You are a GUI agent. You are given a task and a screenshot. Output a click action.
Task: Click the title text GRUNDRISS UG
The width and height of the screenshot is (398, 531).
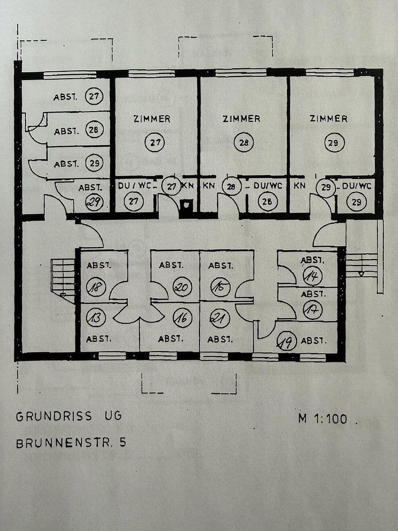(68, 416)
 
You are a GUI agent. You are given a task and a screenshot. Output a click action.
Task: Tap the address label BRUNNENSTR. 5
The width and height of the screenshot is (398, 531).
(71, 442)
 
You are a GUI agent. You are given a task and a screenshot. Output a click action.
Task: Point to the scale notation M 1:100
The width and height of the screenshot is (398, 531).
(322, 419)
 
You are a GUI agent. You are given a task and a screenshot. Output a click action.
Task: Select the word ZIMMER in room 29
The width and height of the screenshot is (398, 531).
(328, 119)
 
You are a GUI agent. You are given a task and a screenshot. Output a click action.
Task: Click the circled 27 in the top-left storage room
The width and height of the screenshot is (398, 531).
(93, 96)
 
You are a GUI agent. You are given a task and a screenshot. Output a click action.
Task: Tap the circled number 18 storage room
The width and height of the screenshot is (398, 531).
(96, 286)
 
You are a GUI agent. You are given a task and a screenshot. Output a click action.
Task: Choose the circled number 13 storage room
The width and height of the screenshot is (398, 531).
(95, 318)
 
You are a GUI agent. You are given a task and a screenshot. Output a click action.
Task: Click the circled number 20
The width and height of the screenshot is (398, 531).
(182, 287)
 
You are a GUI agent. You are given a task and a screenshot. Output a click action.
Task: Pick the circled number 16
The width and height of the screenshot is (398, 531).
(182, 319)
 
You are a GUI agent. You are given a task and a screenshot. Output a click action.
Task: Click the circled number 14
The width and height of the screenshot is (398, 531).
(313, 276)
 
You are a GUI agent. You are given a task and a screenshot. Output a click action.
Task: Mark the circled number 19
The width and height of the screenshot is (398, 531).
(287, 341)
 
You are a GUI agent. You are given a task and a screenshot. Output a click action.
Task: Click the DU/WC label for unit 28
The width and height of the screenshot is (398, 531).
(268, 186)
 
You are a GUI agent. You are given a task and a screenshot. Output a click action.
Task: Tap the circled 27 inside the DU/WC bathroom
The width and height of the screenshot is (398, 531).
(133, 202)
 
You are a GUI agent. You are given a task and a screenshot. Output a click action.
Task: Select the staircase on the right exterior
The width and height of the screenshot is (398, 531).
(362, 265)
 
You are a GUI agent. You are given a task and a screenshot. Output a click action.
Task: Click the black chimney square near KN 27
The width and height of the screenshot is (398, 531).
(187, 206)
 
